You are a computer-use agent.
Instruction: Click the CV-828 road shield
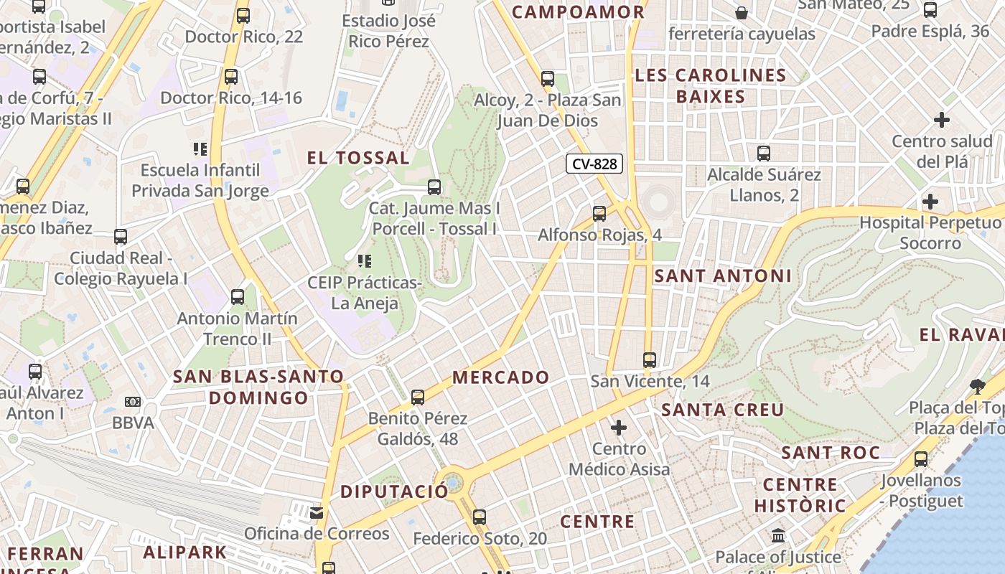(x=594, y=164)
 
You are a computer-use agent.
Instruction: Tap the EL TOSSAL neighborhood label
(x=358, y=158)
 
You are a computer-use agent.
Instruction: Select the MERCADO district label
(x=500, y=377)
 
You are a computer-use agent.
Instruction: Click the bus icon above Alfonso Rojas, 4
(x=599, y=213)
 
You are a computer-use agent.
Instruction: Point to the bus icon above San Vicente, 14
(x=650, y=359)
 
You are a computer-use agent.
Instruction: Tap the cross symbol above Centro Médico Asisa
(x=618, y=428)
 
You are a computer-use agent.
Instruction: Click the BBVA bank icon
(x=133, y=402)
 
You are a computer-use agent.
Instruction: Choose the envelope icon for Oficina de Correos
(x=317, y=513)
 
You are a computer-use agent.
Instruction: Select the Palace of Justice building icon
(x=778, y=535)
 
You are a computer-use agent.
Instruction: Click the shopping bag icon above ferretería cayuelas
(x=742, y=13)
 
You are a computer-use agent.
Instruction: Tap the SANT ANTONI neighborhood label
(x=723, y=276)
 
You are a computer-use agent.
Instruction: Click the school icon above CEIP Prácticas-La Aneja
(x=364, y=261)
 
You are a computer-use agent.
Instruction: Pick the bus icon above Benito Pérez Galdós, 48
(x=418, y=397)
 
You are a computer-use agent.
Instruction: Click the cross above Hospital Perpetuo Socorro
(x=930, y=202)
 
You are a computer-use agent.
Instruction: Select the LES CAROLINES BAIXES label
(x=711, y=85)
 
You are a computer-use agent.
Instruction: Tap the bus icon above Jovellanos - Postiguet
(x=921, y=458)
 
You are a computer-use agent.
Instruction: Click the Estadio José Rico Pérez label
(x=388, y=31)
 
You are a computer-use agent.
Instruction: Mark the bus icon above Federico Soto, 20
(x=480, y=517)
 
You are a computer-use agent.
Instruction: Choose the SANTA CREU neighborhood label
(x=722, y=410)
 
